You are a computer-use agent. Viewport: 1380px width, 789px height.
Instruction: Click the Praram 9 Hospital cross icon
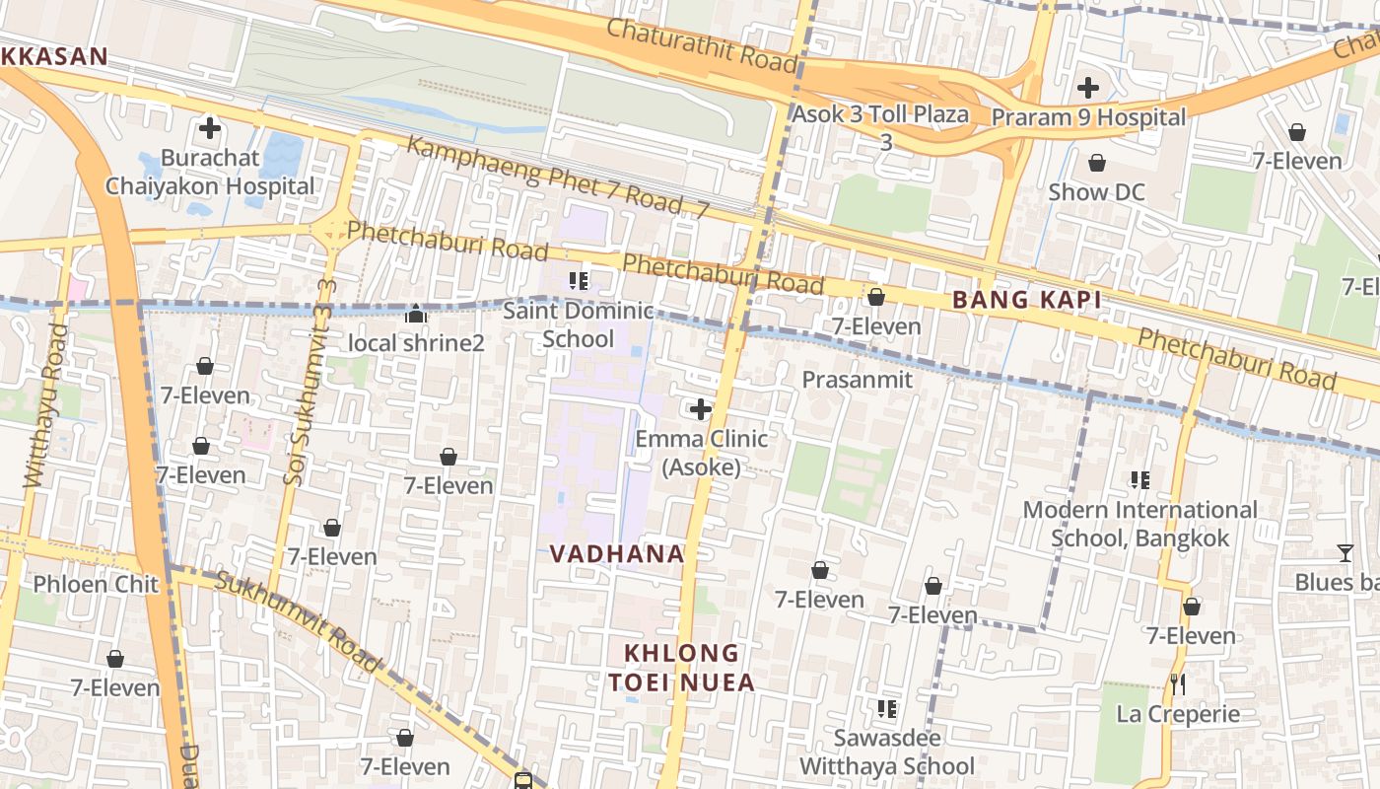coord(1088,88)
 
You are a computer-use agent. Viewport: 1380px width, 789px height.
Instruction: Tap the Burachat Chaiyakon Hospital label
coord(210,172)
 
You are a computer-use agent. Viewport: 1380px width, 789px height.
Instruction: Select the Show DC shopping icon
coord(1096,163)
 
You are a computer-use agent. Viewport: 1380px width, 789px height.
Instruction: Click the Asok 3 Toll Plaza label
coord(881,114)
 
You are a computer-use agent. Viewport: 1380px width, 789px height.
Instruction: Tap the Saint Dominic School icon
coord(579,280)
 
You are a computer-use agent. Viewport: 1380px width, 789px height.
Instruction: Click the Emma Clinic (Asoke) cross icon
coord(701,408)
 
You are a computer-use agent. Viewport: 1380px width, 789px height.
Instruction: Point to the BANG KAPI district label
coord(1025,301)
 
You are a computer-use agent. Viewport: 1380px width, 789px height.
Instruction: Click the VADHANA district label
coord(617,554)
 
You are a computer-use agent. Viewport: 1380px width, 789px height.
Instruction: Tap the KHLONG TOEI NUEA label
coord(681,668)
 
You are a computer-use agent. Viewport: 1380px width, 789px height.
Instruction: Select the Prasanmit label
coord(857,380)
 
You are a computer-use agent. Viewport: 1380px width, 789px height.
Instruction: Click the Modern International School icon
coord(1140,480)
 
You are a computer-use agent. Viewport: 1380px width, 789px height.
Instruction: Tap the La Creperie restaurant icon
coord(1177,683)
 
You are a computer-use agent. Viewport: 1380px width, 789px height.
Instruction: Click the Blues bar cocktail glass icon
coord(1345,553)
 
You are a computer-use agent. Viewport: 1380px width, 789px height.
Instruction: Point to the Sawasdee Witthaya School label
coord(886,752)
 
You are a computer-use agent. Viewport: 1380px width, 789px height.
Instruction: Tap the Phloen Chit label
coord(96,584)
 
